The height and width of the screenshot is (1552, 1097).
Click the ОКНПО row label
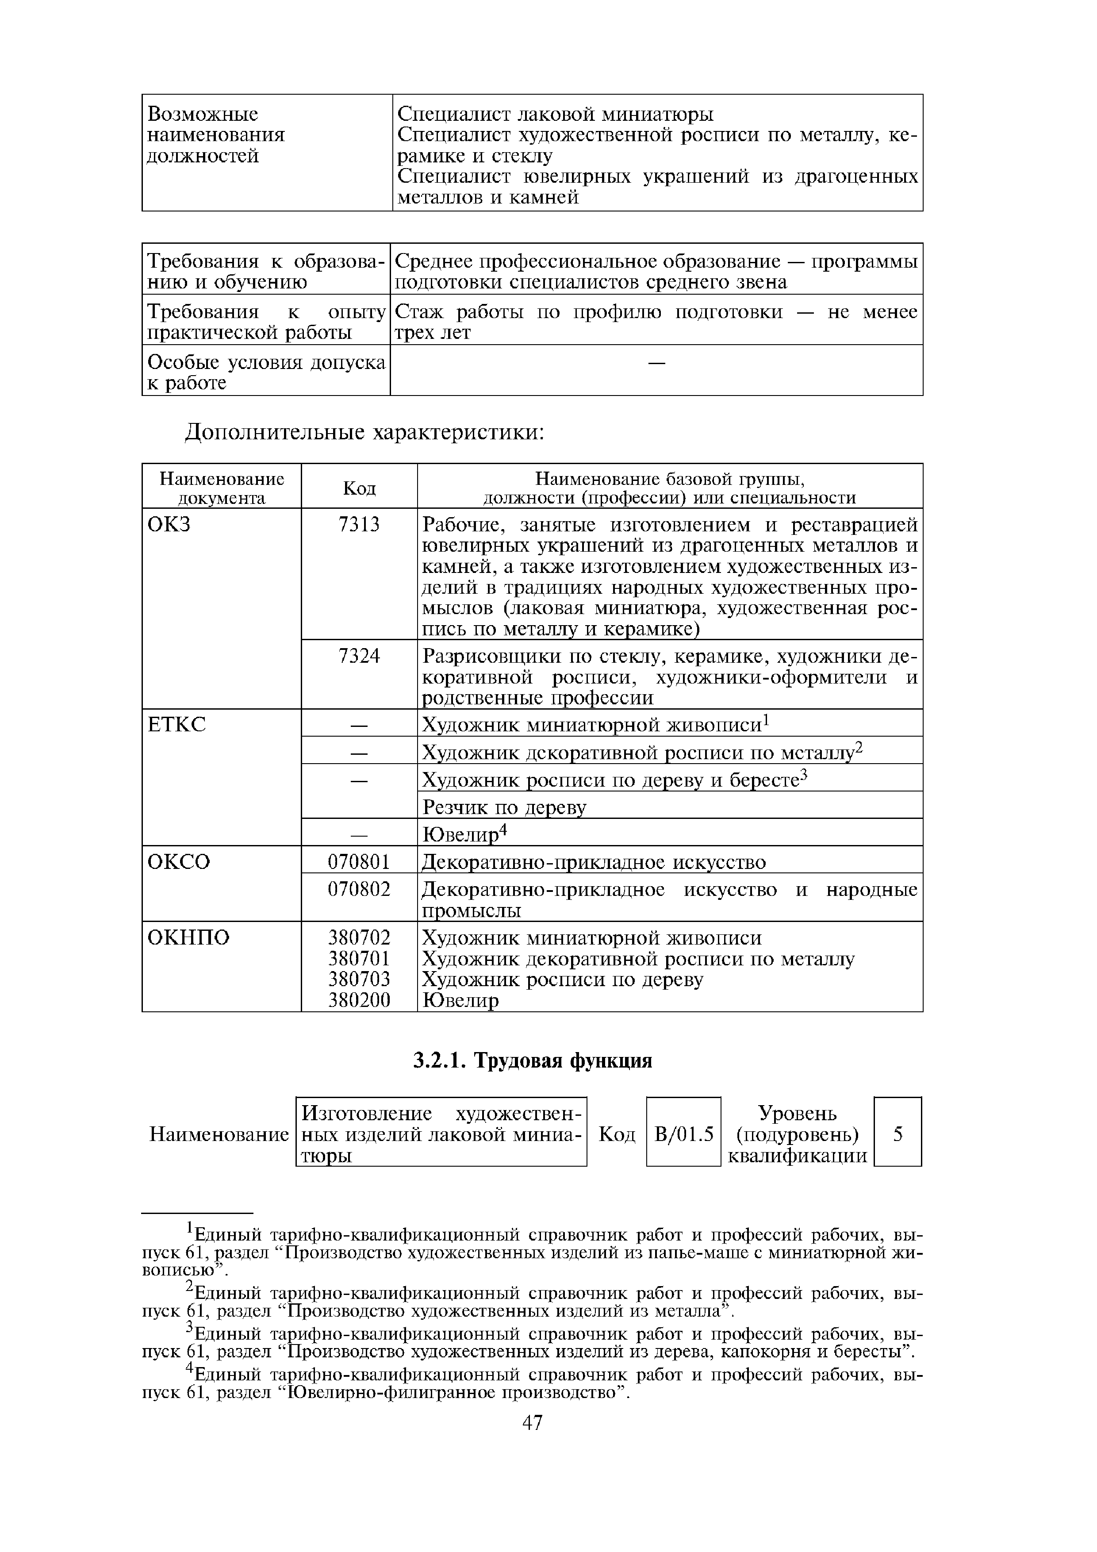pyautogui.click(x=188, y=937)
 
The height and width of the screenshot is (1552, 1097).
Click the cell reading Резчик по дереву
pyautogui.click(x=504, y=807)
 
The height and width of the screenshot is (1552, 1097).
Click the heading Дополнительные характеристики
pyautogui.click(x=365, y=432)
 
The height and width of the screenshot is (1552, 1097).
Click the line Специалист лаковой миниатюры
pyautogui.click(x=556, y=114)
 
